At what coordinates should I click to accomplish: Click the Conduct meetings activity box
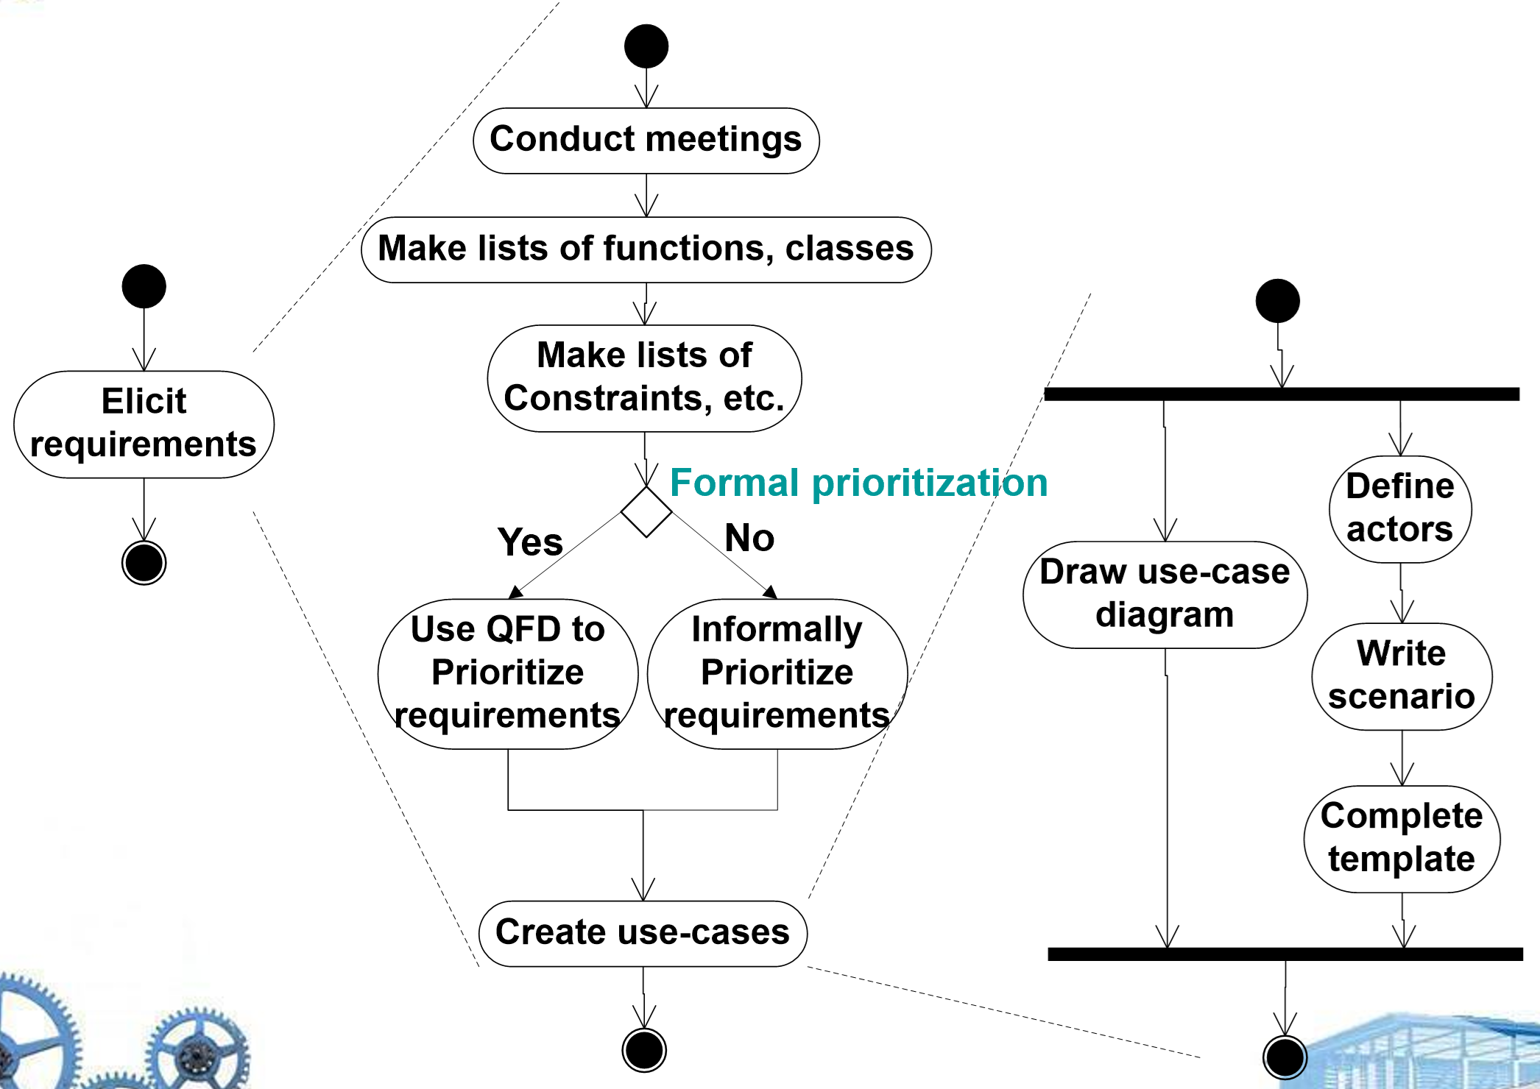click(x=646, y=141)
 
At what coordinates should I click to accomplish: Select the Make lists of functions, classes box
click(x=646, y=249)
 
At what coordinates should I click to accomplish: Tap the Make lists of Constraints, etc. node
click(x=644, y=378)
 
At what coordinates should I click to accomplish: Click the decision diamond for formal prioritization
click(x=646, y=511)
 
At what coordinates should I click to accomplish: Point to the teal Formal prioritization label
click(x=858, y=483)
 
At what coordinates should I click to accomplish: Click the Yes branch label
click(x=530, y=542)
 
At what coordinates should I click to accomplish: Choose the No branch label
click(x=749, y=538)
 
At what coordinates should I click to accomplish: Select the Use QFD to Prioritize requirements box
click(x=507, y=673)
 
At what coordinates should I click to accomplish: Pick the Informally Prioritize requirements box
click(x=777, y=673)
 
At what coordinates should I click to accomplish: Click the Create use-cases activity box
click(x=643, y=933)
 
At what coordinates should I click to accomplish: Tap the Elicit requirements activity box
click(x=144, y=424)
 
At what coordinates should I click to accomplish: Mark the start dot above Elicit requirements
click(x=144, y=286)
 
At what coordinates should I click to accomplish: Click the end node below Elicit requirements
click(x=144, y=563)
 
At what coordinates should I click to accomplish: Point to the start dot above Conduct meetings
click(x=646, y=46)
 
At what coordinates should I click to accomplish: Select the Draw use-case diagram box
click(x=1165, y=595)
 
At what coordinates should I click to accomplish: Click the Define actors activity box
click(x=1400, y=508)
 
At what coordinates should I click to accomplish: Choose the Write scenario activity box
click(x=1402, y=676)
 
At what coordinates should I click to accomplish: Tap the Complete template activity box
click(x=1402, y=839)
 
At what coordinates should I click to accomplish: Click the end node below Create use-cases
click(x=644, y=1050)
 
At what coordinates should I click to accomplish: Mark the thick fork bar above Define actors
click(x=1281, y=394)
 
